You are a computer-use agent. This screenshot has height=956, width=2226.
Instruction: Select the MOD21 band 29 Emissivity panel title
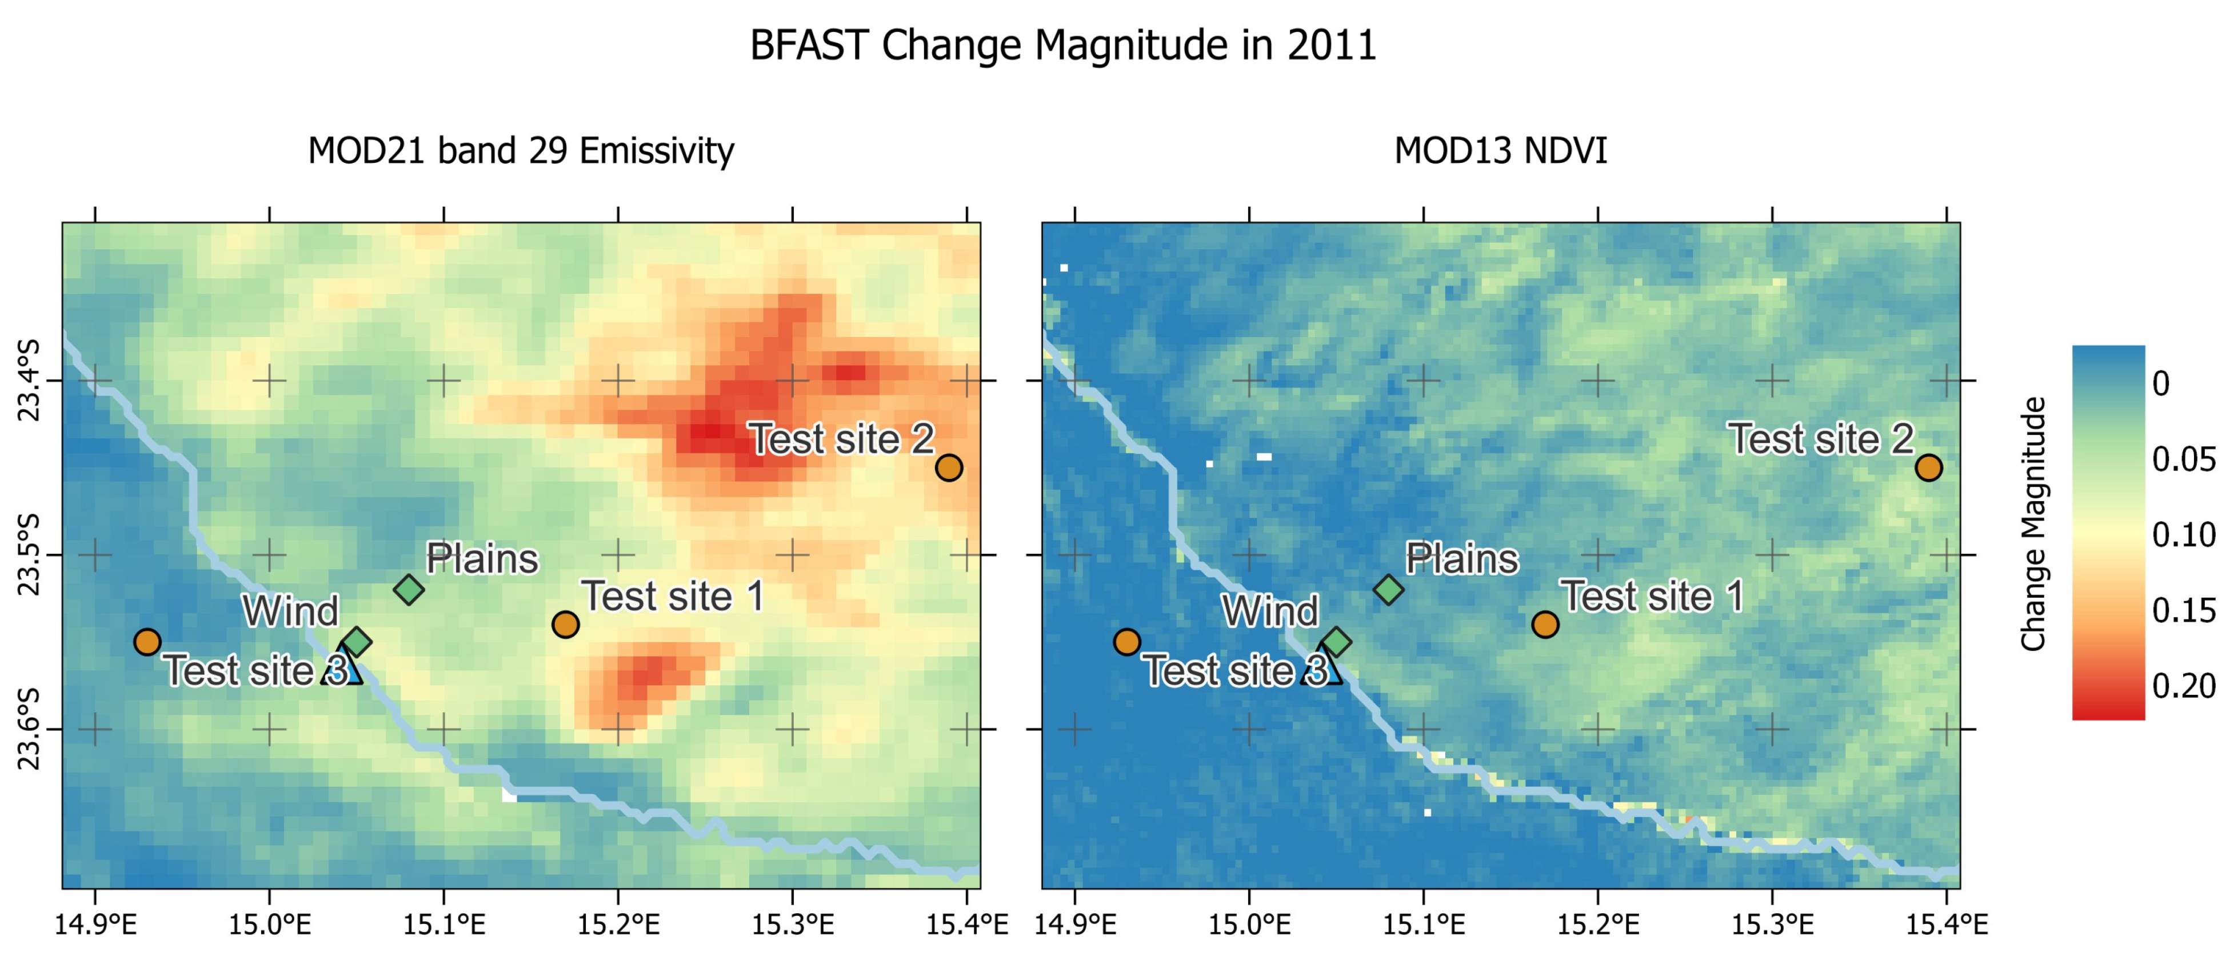(521, 151)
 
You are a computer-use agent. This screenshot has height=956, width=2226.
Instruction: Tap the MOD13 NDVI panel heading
(1500, 151)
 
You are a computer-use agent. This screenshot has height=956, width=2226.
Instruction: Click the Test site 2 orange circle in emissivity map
(949, 467)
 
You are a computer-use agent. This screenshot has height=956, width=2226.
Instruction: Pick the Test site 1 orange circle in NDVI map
(1545, 624)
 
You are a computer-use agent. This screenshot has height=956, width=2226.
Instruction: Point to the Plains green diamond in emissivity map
(409, 590)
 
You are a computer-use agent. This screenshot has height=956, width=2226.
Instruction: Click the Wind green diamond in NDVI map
(1337, 642)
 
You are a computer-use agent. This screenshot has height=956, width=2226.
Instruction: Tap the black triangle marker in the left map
(342, 669)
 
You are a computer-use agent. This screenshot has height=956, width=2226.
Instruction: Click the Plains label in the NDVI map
(1461, 559)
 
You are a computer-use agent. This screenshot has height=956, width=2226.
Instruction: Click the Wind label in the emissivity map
(290, 611)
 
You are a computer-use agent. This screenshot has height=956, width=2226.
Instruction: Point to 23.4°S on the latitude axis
(29, 381)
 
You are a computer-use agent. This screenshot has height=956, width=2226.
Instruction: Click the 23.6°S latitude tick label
(29, 729)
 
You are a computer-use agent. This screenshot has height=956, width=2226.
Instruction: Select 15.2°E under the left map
(618, 925)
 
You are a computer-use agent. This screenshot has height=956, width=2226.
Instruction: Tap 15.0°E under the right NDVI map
(1249, 925)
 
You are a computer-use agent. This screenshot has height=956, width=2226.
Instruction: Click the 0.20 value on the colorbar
(2184, 686)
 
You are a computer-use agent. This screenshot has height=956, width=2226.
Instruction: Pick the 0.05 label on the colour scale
(2184, 459)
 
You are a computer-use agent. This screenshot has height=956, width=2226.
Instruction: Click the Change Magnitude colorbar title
(2033, 524)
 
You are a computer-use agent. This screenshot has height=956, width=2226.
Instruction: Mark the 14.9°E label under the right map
(1075, 925)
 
